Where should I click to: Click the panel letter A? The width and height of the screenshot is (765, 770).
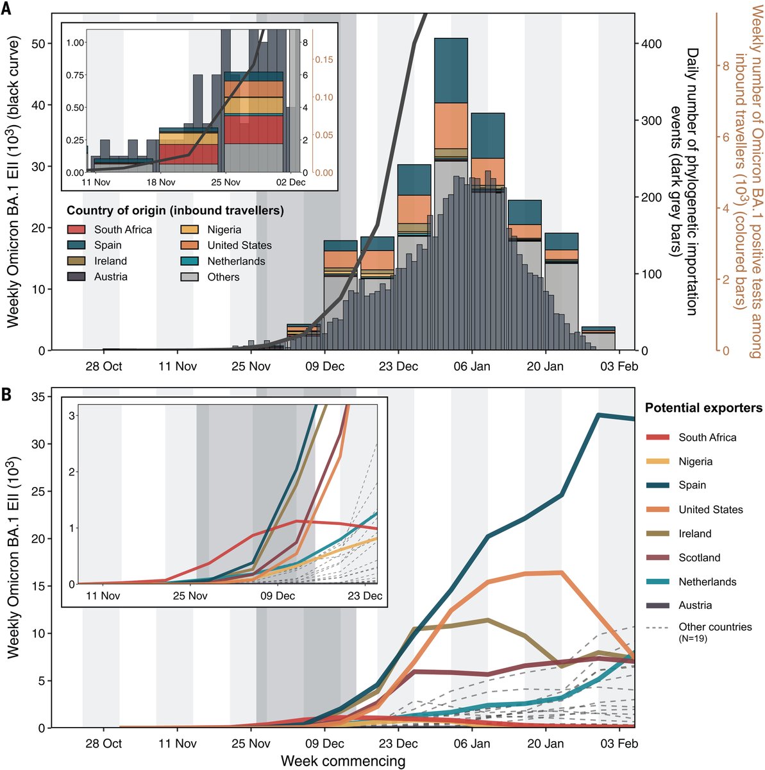tap(6, 8)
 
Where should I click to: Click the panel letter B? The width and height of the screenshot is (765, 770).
tap(6, 395)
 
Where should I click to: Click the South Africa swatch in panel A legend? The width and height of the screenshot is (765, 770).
tap(76, 229)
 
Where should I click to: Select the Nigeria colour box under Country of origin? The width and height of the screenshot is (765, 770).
tap(189, 229)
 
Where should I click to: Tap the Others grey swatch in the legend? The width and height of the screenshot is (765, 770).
tap(189, 277)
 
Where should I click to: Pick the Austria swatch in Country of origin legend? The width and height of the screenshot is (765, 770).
tap(76, 277)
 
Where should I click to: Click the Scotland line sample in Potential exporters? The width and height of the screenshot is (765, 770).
tap(657, 558)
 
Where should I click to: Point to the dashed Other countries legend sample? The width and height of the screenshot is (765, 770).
tap(657, 628)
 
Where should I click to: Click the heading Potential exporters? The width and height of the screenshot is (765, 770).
tap(703, 408)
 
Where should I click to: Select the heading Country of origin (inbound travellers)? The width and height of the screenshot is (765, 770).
tap(175, 210)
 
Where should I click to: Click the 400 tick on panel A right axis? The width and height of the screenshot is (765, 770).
tap(651, 44)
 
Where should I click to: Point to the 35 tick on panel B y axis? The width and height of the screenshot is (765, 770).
tap(39, 397)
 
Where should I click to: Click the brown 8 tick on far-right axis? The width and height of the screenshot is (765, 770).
tap(726, 66)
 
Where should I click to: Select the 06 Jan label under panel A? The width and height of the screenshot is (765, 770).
tap(472, 366)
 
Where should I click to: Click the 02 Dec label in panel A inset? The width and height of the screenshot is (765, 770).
tap(291, 182)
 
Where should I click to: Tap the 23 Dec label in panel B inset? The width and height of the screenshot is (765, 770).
tap(365, 595)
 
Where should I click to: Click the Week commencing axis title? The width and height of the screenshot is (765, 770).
tap(343, 761)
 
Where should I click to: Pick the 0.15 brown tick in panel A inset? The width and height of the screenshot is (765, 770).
tap(324, 60)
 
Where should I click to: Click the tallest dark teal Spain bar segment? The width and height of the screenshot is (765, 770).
tap(451, 71)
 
